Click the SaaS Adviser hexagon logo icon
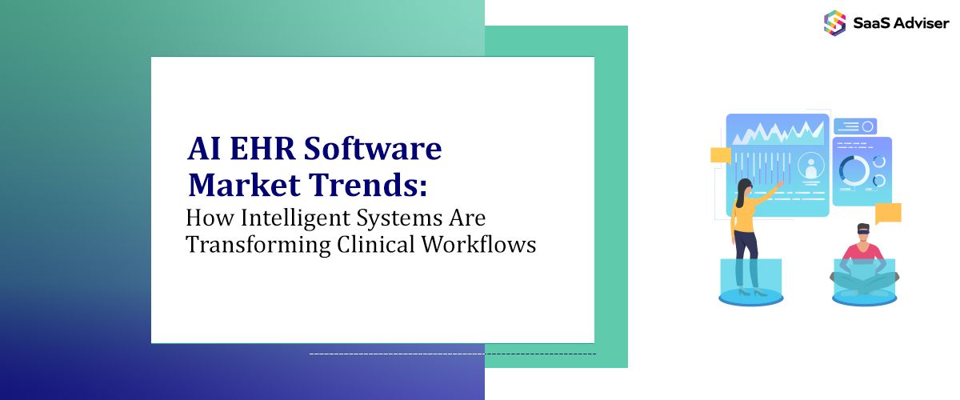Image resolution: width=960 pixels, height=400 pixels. pyautogui.click(x=834, y=22)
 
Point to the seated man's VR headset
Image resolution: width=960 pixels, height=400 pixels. pyautogui.click(x=863, y=230)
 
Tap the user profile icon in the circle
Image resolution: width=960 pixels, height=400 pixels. pyautogui.click(x=812, y=166)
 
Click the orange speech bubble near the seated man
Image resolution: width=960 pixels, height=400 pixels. pyautogui.click(x=887, y=213)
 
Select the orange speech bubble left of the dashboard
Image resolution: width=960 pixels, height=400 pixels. pyautogui.click(x=721, y=154)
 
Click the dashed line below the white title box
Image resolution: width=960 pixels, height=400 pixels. pyautogui.click(x=452, y=353)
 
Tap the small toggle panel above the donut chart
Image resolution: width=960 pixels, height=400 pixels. pyautogui.click(x=854, y=126)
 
